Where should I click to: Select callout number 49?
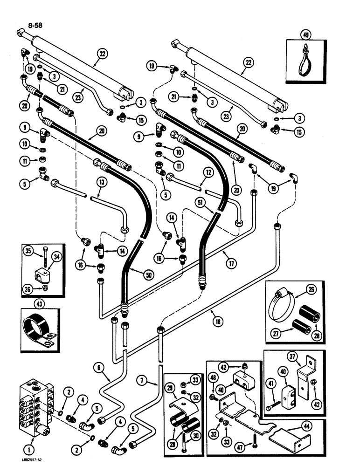[306, 34]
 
